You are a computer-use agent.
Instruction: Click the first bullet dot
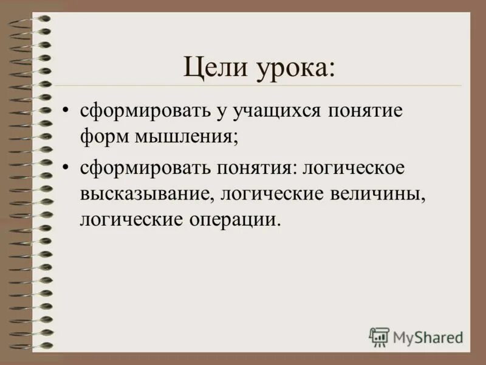click(x=66, y=112)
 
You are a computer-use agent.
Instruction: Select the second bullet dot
click(x=66, y=167)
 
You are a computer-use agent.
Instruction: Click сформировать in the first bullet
click(x=140, y=113)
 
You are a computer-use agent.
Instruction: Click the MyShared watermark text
click(x=428, y=335)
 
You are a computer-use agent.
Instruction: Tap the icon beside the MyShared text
click(x=379, y=336)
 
